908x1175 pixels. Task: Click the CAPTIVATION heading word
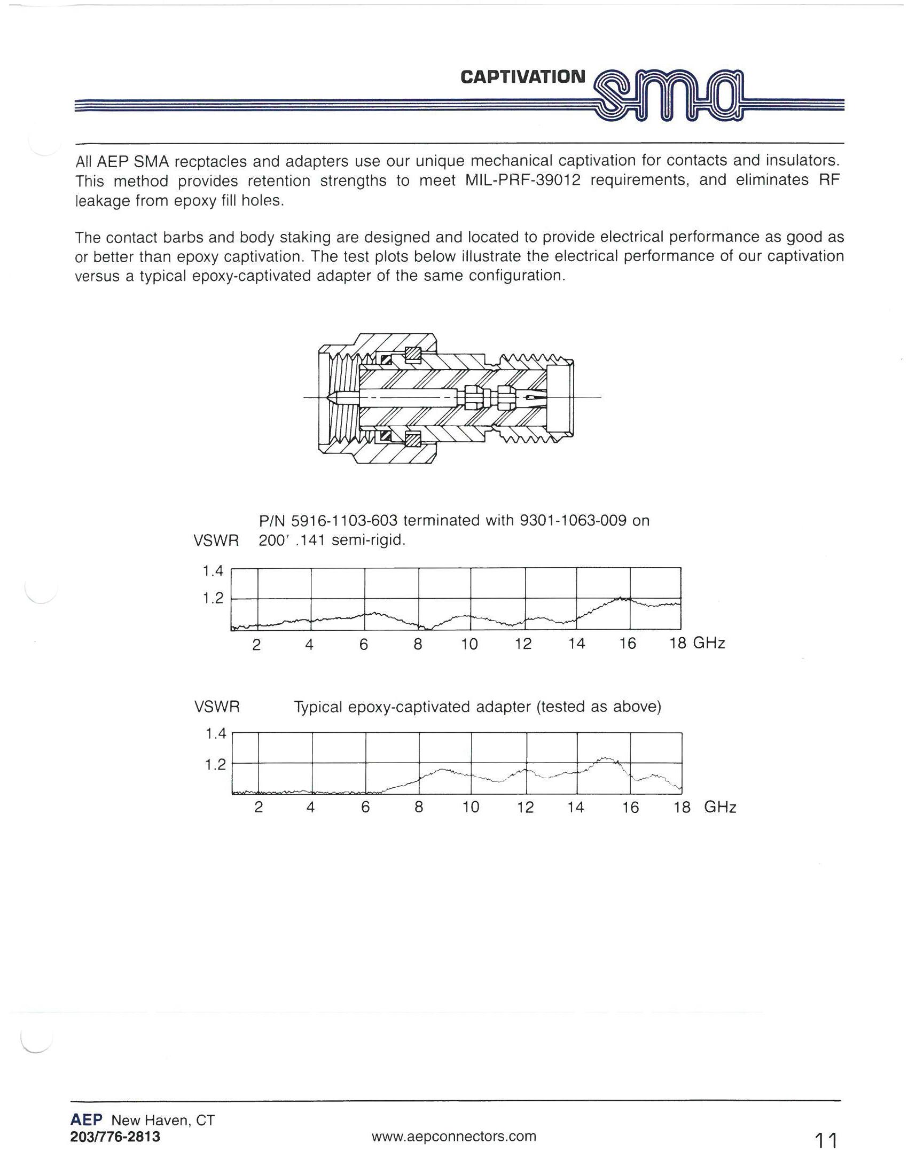pos(522,77)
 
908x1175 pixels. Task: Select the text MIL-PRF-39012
pos(522,181)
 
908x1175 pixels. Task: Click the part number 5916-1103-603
pos(345,521)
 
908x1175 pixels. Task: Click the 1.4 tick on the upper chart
pos(212,571)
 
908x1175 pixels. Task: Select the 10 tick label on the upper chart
pos(469,645)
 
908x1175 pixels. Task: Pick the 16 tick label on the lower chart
pos(630,808)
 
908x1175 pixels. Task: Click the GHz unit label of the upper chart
pos(709,644)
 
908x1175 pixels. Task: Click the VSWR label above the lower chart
pos(217,707)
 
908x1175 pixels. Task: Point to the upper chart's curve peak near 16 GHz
pos(621,598)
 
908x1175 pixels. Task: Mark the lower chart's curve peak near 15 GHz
pos(606,758)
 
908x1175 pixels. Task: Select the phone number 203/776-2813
pos(115,1137)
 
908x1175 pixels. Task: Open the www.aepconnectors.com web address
pos(453,1135)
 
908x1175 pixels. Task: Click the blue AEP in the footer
pos(86,1120)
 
